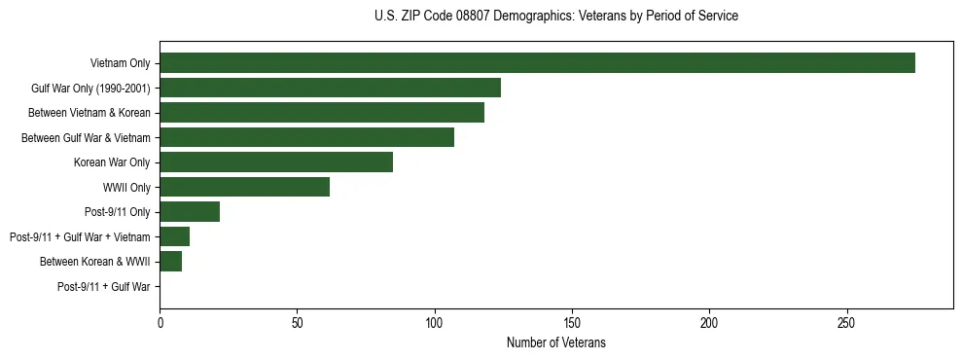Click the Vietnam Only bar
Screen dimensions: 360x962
pos(537,63)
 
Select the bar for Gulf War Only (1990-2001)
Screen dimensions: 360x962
pos(330,88)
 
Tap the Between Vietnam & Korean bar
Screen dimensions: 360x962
pos(322,113)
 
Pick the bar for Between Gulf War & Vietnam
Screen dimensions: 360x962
pos(306,137)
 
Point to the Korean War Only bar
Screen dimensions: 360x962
pos(276,162)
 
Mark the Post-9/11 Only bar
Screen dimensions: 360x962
pos(190,211)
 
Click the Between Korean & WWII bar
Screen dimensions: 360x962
pos(170,261)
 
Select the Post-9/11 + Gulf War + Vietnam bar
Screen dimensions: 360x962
pos(174,236)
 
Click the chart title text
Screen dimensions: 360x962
pos(555,17)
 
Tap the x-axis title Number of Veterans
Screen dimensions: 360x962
pos(555,342)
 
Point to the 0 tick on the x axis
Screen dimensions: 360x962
pos(160,322)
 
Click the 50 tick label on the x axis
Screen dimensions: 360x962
pos(297,322)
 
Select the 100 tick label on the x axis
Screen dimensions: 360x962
pos(435,322)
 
